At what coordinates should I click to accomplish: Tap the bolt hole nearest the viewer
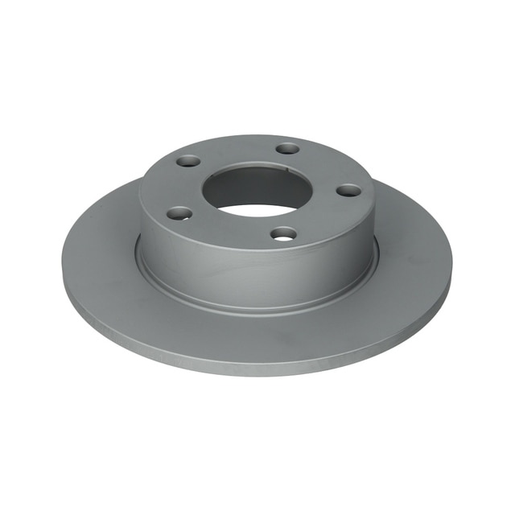tap(283, 233)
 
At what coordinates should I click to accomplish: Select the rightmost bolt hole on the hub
tap(348, 191)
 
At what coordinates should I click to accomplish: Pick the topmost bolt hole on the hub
tap(287, 148)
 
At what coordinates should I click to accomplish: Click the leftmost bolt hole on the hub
tap(179, 213)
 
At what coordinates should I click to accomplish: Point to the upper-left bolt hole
tap(188, 161)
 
